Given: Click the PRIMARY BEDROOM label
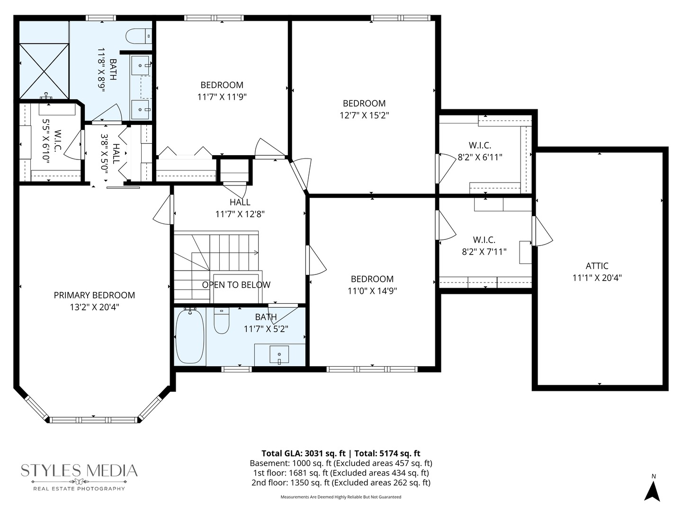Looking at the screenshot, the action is tap(94, 295).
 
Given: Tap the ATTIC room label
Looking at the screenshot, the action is tap(597, 266).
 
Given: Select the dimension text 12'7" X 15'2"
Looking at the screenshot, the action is tap(364, 115).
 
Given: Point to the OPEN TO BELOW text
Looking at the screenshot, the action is tap(236, 285).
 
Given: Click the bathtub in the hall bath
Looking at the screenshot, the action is tap(190, 336).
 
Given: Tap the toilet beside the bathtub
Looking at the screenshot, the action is tap(222, 320).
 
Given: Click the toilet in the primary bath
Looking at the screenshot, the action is tap(139, 36).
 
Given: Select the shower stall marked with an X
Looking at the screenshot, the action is tap(44, 71).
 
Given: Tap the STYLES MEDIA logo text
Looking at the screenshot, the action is tap(79, 471).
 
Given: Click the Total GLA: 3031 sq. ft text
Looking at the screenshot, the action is tap(304, 454).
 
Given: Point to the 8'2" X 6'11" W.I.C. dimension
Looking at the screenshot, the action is tap(480, 157).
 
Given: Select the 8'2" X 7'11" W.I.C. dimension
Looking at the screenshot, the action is tap(484, 252).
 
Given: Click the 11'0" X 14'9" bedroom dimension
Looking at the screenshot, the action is tap(372, 291).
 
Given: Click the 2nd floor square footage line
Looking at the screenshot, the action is tap(341, 483).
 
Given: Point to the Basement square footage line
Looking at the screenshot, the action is tap(341, 463).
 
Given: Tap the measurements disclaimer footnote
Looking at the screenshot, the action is tap(341, 497).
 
